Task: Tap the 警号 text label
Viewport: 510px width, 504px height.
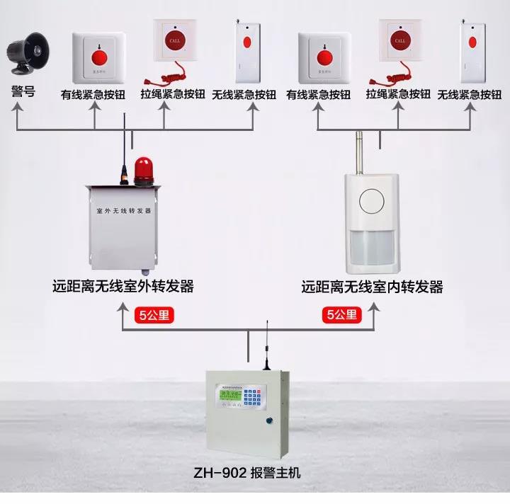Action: point(23,92)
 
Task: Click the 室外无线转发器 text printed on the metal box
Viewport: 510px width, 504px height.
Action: point(124,211)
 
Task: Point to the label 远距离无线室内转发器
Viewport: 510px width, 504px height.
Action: point(372,287)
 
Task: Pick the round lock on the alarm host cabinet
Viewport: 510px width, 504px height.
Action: point(269,423)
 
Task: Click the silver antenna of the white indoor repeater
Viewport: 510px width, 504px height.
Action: point(358,150)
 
